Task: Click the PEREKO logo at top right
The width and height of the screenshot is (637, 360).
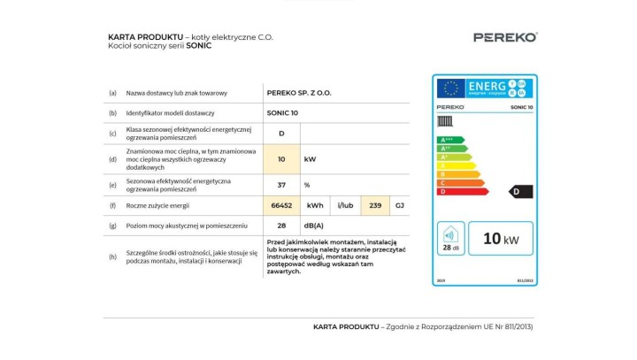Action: coord(504,37)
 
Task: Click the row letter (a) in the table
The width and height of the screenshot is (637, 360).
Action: coord(112,92)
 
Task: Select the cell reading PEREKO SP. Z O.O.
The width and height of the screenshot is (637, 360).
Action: coord(299,92)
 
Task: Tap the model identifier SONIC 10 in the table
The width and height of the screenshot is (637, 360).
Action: coord(282,113)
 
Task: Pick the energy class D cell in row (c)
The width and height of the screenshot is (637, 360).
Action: coord(281,134)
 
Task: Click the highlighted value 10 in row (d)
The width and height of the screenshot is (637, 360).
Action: coord(281,159)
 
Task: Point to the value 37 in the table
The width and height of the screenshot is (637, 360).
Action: coord(281,185)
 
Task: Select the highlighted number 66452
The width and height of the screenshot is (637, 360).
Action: coord(281,205)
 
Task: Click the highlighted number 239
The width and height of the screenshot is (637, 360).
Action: coord(375,205)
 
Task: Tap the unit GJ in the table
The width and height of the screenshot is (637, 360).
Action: coord(399,205)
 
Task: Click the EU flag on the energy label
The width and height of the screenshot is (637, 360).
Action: coord(450,88)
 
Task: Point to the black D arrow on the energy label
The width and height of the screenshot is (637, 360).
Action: coord(520,191)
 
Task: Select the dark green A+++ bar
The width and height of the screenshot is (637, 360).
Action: coord(451,140)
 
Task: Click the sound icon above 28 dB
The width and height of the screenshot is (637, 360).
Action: coord(450,234)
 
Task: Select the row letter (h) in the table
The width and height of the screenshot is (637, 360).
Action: coord(112,257)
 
